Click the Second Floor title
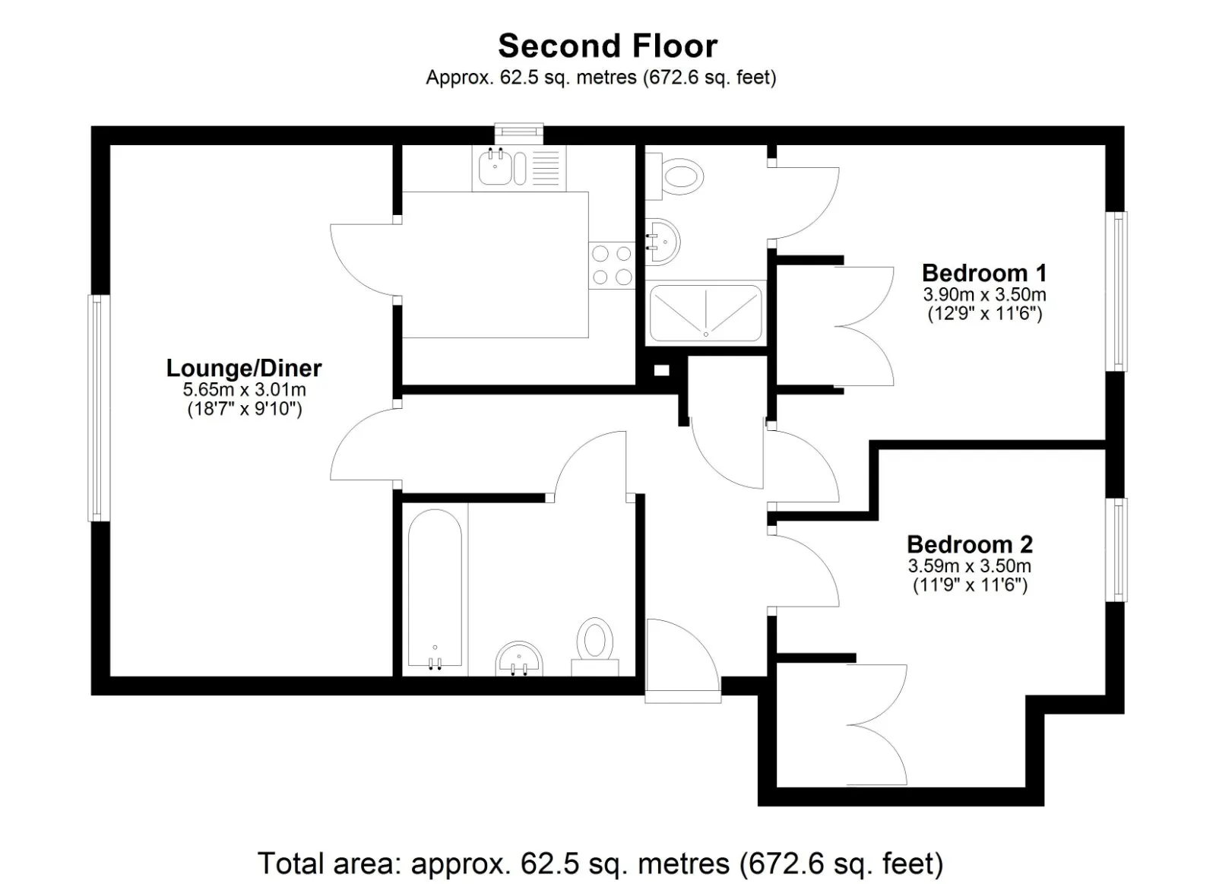[x=607, y=46]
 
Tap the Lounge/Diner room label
[x=244, y=368]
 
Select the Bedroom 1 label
[x=984, y=273]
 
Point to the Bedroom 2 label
[x=970, y=544]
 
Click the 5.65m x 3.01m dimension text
[x=244, y=389]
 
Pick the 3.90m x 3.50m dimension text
[x=985, y=294]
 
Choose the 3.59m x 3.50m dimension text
[x=970, y=566]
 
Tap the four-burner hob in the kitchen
[x=612, y=265]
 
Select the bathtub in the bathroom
[x=435, y=590]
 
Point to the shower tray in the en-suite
[x=706, y=312]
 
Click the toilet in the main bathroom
[x=595, y=647]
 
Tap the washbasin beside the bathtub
[x=519, y=659]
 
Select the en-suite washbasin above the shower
[x=662, y=242]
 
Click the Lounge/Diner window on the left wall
[x=99, y=407]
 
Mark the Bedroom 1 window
[x=1117, y=291]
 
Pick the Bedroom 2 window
[x=1117, y=550]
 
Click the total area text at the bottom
[x=600, y=863]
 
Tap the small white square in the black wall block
[x=662, y=370]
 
